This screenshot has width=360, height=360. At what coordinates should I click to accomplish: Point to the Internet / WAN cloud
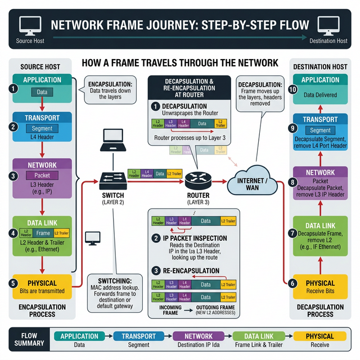click(x=252, y=182)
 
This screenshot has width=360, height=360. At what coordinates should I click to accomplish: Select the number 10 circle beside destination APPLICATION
click(x=292, y=89)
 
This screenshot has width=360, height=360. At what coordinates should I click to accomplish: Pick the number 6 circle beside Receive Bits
click(x=292, y=283)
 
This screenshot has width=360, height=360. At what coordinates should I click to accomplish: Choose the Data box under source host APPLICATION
click(x=42, y=91)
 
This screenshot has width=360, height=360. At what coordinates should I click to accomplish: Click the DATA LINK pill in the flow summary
click(x=259, y=336)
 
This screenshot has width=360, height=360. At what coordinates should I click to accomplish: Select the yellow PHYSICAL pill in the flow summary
click(x=319, y=336)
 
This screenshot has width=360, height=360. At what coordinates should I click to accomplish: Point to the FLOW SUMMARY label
click(x=25, y=340)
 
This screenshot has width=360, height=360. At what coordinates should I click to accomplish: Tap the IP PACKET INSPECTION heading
click(x=195, y=238)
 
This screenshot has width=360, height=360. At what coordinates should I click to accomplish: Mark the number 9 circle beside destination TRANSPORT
click(x=292, y=129)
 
